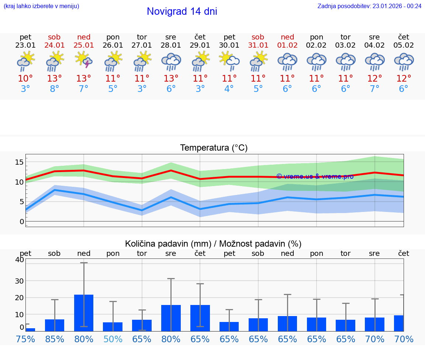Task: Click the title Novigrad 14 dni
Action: click(182, 11)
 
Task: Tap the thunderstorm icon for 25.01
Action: click(84, 60)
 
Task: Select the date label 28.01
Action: click(171, 45)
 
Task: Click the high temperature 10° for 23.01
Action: click(25, 79)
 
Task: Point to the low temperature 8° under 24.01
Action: click(55, 89)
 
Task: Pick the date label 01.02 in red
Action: click(287, 45)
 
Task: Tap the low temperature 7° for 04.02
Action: click(374, 89)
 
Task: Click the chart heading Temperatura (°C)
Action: click(214, 148)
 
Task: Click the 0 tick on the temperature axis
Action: click(21, 222)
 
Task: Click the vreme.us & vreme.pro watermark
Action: click(315, 176)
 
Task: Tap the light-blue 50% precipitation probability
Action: click(113, 339)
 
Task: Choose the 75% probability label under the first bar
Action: click(25, 339)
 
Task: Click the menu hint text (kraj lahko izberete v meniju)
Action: click(41, 6)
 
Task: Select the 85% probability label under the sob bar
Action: click(55, 339)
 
